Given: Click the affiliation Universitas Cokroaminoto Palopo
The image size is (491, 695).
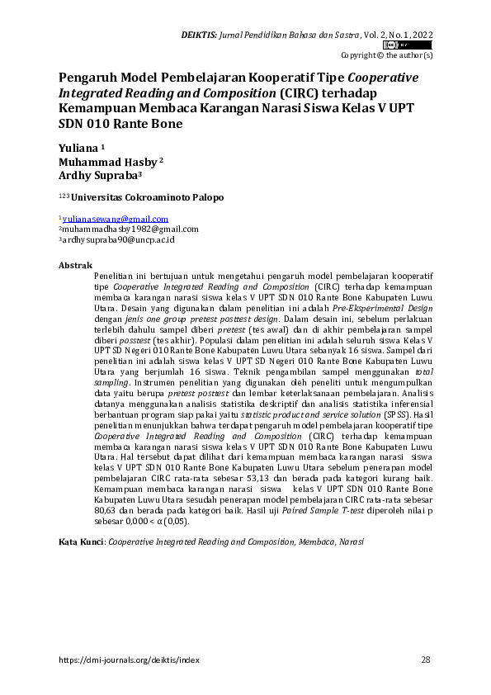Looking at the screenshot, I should click(x=146, y=198).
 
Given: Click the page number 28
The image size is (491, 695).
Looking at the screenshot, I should click(x=426, y=660).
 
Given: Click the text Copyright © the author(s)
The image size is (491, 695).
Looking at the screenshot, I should click(x=386, y=54).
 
